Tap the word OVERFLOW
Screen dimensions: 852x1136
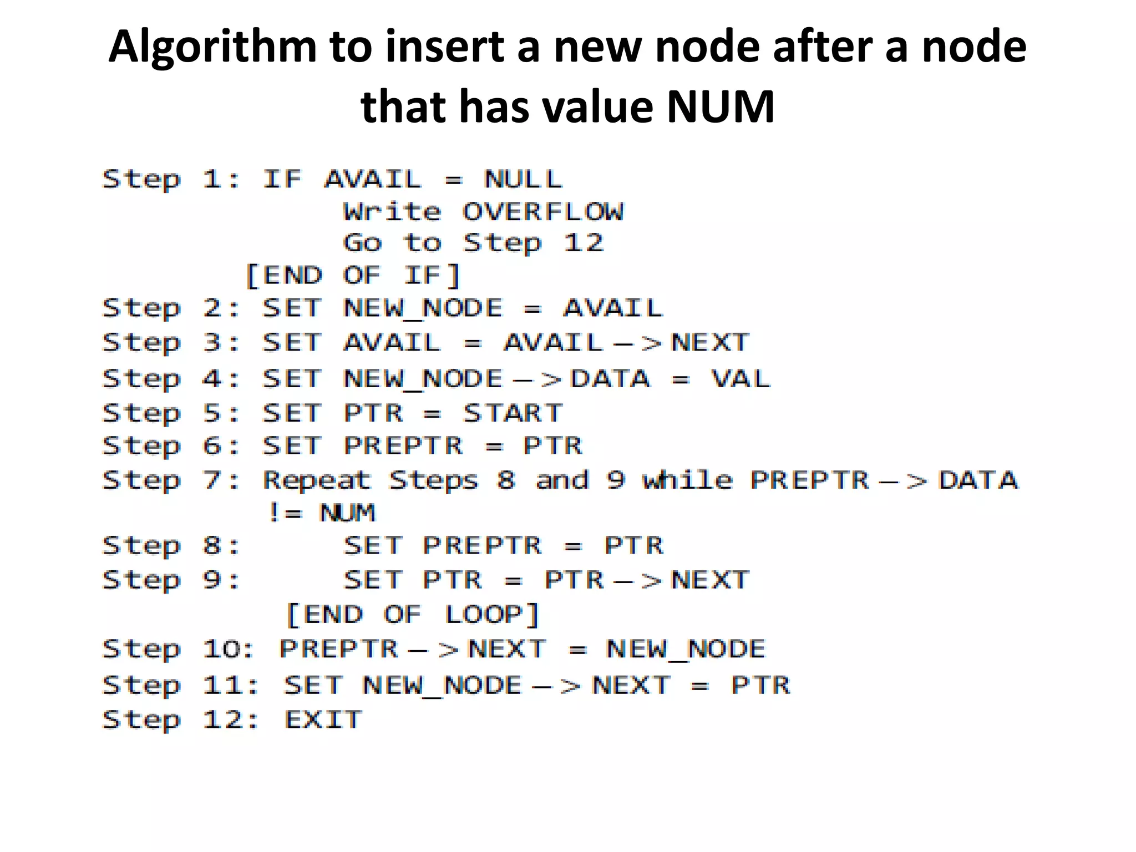[x=542, y=212]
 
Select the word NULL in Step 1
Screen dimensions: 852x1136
[x=523, y=180]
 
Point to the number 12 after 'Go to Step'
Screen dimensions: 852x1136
[x=583, y=243]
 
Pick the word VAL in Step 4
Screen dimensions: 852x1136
[x=741, y=379]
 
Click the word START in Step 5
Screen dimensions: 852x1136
[x=513, y=413]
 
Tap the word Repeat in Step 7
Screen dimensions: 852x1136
[x=316, y=480]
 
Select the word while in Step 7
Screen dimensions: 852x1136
[x=687, y=480]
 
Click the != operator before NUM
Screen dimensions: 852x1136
[x=285, y=513]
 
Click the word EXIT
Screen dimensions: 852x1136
[x=323, y=720]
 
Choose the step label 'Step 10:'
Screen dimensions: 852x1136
[x=178, y=650]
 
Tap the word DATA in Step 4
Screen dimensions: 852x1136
[x=610, y=379]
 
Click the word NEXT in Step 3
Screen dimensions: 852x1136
[x=710, y=343]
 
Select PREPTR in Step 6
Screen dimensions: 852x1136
[x=403, y=446]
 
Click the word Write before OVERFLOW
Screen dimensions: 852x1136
[x=392, y=212]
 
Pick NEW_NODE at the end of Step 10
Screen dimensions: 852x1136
[x=686, y=650]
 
